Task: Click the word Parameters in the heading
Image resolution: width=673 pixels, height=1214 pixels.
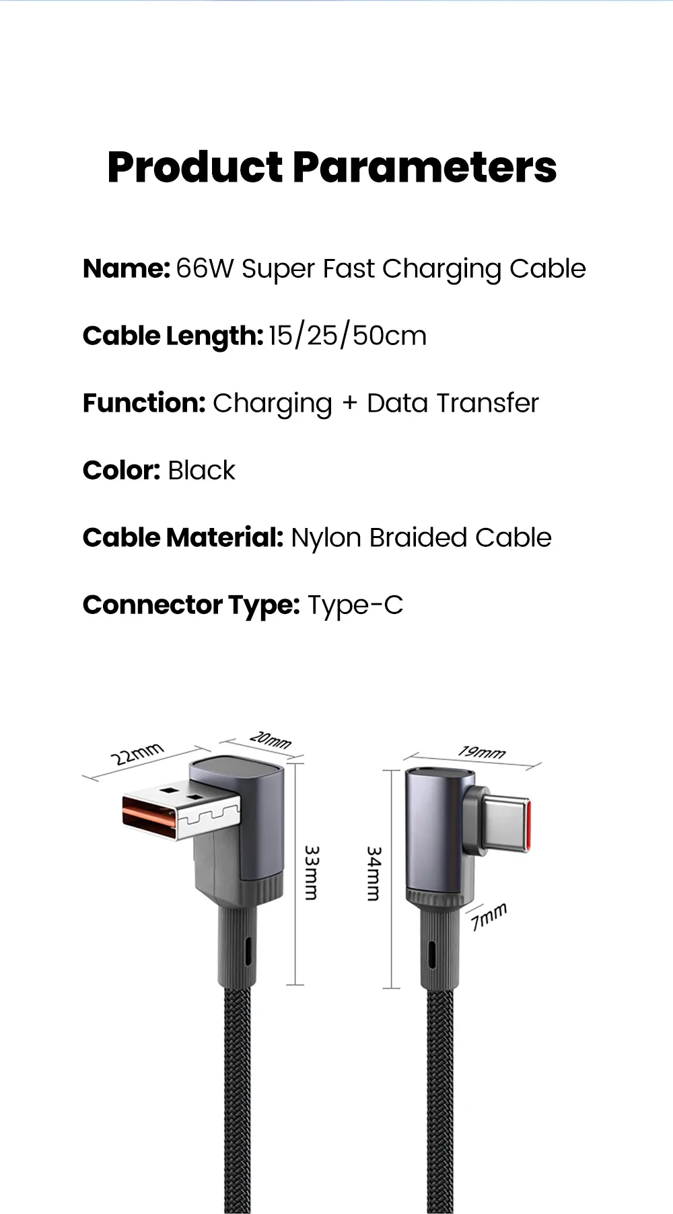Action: point(425,167)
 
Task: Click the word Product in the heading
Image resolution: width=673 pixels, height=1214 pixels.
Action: point(195,167)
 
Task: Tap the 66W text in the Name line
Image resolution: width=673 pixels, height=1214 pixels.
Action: point(205,268)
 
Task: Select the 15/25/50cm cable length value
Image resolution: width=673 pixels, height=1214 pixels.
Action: point(347,336)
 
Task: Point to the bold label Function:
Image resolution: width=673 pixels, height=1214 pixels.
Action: point(144,403)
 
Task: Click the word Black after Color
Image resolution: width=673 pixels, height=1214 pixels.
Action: point(201,470)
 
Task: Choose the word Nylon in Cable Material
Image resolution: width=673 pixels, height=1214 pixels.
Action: point(326,538)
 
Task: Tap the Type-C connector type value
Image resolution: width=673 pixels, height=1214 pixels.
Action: point(355,605)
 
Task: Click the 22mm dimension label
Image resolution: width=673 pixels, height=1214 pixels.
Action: point(137,754)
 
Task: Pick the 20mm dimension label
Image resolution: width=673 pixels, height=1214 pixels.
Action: point(271,740)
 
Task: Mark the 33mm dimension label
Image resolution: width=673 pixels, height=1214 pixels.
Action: point(311,873)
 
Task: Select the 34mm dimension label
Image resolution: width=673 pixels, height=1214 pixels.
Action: point(374,874)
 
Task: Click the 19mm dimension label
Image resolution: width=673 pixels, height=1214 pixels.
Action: point(482,752)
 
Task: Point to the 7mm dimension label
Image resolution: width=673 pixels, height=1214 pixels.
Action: point(489,917)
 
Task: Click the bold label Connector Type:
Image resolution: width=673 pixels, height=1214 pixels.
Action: point(190,605)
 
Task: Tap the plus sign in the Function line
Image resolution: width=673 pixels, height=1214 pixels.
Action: point(349,404)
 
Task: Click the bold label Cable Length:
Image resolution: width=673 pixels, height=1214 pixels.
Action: point(172,336)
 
